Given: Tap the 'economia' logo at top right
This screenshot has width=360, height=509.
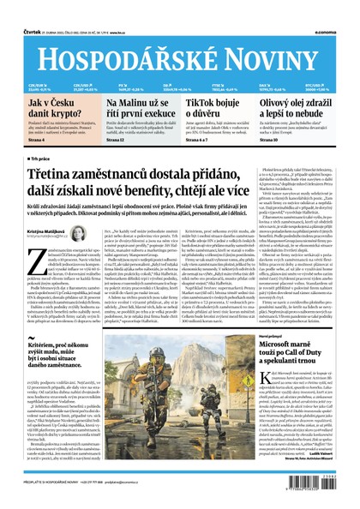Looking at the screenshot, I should [x=339, y=8].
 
